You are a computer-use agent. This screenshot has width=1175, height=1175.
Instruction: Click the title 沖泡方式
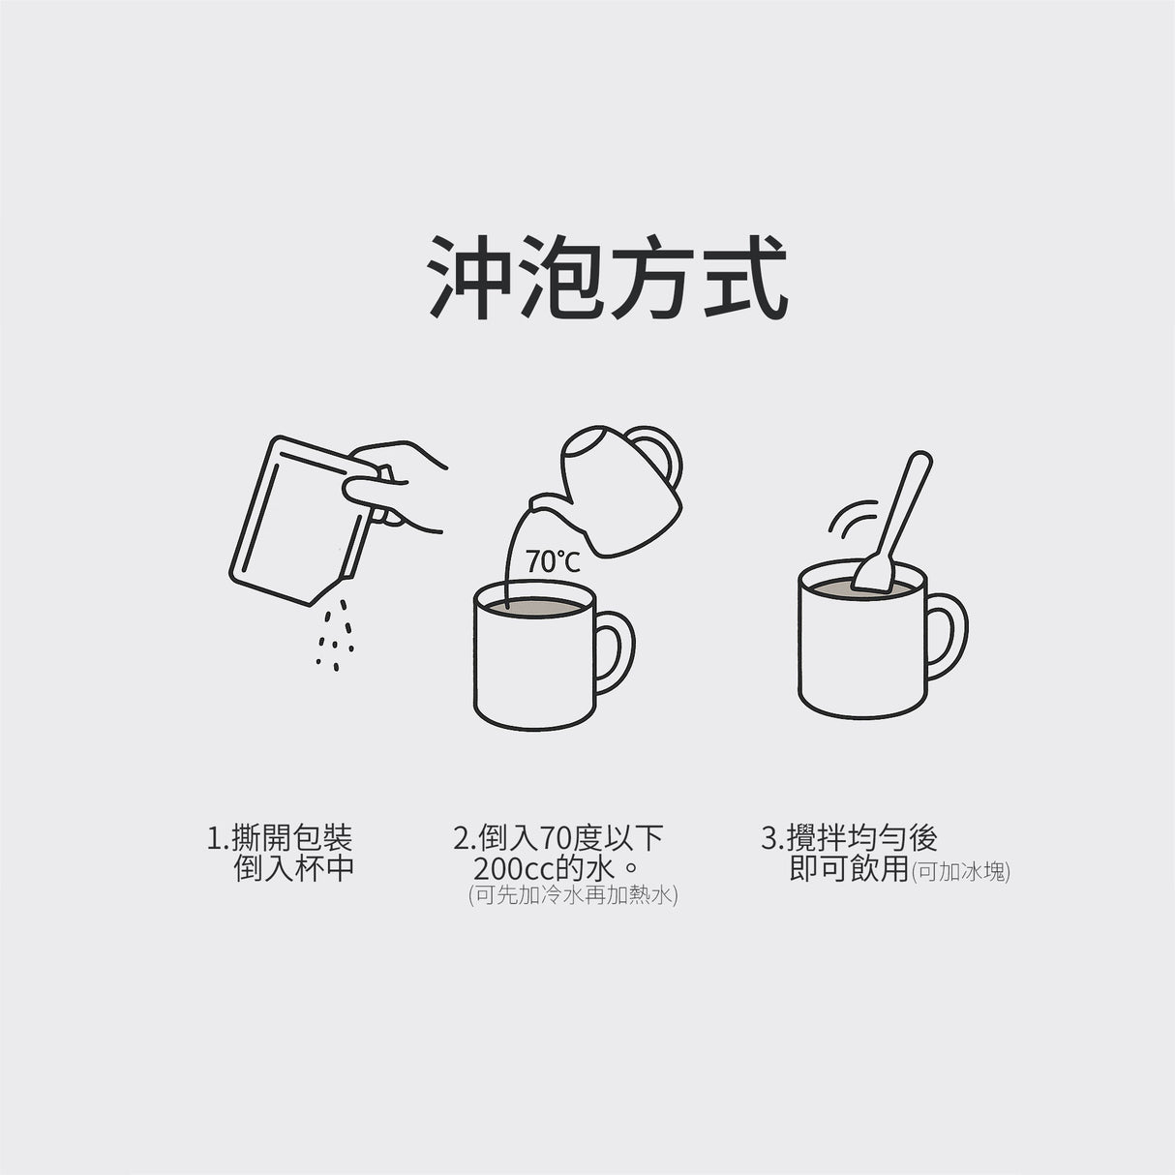(607, 277)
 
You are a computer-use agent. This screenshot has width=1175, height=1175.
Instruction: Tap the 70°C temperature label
(553, 561)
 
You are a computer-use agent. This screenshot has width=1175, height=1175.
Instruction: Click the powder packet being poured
(290, 523)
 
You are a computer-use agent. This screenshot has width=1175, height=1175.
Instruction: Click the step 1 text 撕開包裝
(281, 837)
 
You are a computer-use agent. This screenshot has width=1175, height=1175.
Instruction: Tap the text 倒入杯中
(294, 868)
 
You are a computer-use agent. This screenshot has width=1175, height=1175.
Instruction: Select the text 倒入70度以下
(558, 837)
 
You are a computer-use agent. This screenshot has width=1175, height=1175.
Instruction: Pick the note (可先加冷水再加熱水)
(573, 895)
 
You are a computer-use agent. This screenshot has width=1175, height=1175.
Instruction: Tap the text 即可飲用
(849, 868)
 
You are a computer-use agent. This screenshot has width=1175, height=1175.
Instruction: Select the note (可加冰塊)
(961, 871)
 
